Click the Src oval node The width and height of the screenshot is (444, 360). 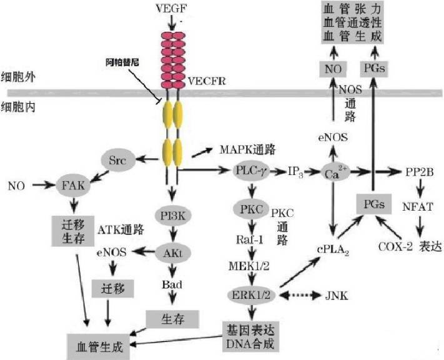117,161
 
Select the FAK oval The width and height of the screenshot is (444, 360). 74,186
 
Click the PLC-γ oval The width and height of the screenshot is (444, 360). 251,170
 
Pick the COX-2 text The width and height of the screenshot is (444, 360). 395,246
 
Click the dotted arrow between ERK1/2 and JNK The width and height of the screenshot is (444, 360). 300,295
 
